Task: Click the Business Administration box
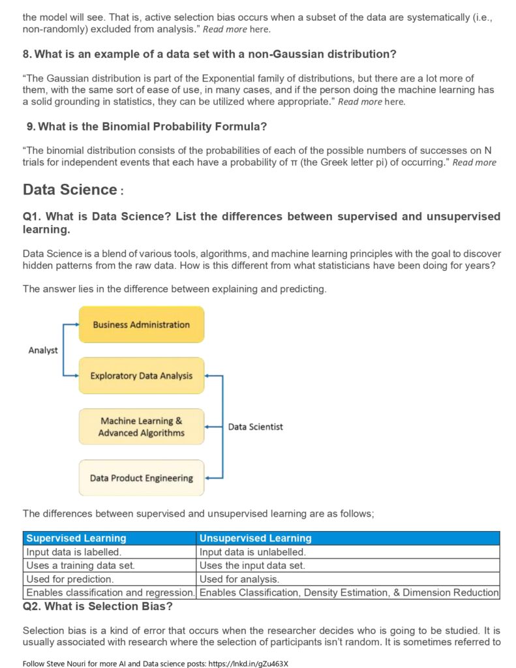pos(141,324)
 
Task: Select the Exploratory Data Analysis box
pos(141,376)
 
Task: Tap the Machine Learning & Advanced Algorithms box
pos(141,427)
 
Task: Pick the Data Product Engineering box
pos(141,478)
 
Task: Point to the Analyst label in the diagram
pos(43,350)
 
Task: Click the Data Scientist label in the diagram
pos(255,427)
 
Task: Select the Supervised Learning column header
pos(76,538)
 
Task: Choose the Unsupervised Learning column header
pos(255,538)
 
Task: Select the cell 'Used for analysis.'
pos(239,579)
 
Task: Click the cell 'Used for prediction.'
pos(70,579)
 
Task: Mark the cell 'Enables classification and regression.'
pos(110,593)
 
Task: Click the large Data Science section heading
pos(70,190)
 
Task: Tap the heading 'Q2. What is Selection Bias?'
pos(97,607)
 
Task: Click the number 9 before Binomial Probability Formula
pos(31,126)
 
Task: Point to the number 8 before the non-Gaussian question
pos(26,53)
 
